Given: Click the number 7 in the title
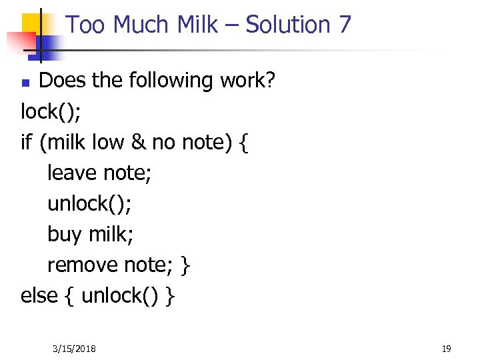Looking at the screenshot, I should point(344,25).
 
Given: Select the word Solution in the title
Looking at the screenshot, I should point(288,25).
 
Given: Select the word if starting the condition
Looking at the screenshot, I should point(27,142).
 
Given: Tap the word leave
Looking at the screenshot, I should point(72,173).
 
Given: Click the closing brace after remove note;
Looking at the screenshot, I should point(186,265).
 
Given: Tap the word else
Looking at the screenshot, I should point(39,296).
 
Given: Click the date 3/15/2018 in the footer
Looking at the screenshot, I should point(74,349).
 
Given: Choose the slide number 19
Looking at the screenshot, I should point(446,349).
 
